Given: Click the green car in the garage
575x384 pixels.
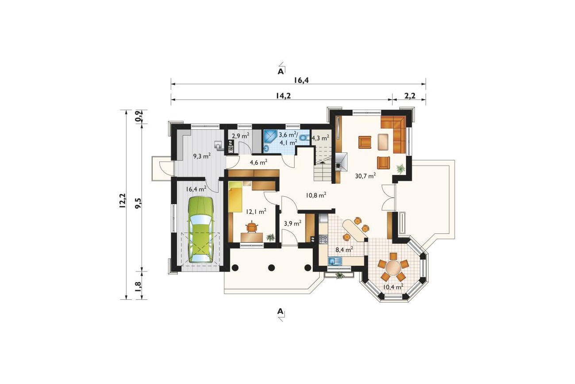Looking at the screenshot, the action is [201, 229].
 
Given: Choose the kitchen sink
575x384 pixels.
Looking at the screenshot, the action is [335, 261].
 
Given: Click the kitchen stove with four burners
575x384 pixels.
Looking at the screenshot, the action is [323, 239].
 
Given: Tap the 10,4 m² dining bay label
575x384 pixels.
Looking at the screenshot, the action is [393, 287].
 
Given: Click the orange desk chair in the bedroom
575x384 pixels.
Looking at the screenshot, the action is [252, 227].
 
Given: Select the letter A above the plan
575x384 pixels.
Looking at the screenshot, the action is [280, 71].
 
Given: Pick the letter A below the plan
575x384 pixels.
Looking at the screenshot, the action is [280, 311].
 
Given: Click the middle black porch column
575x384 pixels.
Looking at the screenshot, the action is [271, 268].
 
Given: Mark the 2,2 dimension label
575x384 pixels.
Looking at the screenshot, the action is [410, 96].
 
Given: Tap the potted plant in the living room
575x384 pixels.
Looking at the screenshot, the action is [400, 169].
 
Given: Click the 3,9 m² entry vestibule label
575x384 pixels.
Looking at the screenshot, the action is [292, 223].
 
